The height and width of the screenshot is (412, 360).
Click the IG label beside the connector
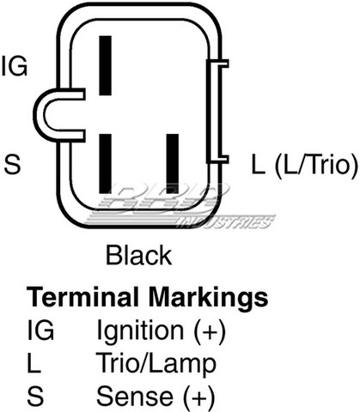point(15,66)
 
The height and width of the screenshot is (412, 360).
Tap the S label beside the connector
point(13,164)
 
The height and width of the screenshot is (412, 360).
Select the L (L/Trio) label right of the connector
point(305,165)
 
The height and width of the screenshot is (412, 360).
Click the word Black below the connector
point(139,255)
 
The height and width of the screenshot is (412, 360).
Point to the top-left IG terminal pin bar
point(105,65)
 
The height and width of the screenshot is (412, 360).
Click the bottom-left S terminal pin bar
point(105,164)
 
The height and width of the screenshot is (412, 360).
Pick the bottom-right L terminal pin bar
point(173,164)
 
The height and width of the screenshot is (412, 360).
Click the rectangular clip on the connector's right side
point(217,112)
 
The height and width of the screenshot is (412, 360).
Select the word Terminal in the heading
point(82,297)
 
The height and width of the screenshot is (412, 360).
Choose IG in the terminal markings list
point(40,330)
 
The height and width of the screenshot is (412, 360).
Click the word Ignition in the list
point(140,332)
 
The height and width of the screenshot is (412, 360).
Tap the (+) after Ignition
point(210,331)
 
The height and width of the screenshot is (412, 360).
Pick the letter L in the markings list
point(34,363)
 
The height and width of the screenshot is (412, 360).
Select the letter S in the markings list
point(35,396)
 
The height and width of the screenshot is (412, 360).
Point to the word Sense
point(135,396)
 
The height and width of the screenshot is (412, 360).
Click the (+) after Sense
point(198,397)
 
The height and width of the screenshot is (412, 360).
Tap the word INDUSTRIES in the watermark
point(224,222)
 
